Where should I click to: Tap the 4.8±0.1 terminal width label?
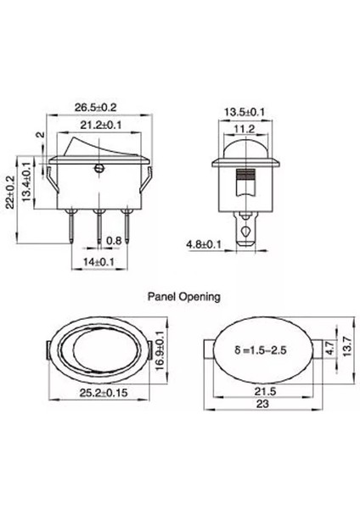point(205,244)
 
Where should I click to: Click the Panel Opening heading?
point(184,298)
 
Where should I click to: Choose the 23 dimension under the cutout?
point(264,407)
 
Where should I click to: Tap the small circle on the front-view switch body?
point(99,171)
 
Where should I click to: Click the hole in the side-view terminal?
point(246,230)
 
